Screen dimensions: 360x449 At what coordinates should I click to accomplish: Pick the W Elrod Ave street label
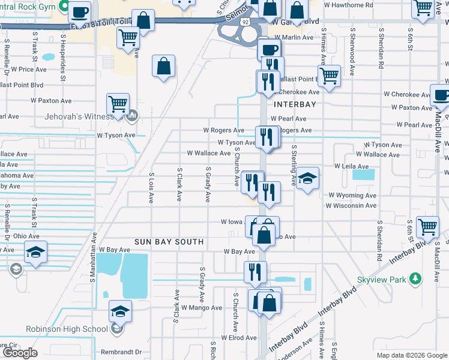(x=239, y=338)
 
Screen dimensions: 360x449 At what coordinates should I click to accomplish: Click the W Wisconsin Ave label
(x=351, y=206)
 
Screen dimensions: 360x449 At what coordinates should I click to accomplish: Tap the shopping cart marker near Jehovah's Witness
(x=118, y=103)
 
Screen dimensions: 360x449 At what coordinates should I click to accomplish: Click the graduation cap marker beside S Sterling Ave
(x=307, y=178)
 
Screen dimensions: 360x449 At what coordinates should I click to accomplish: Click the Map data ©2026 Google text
(x=411, y=355)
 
